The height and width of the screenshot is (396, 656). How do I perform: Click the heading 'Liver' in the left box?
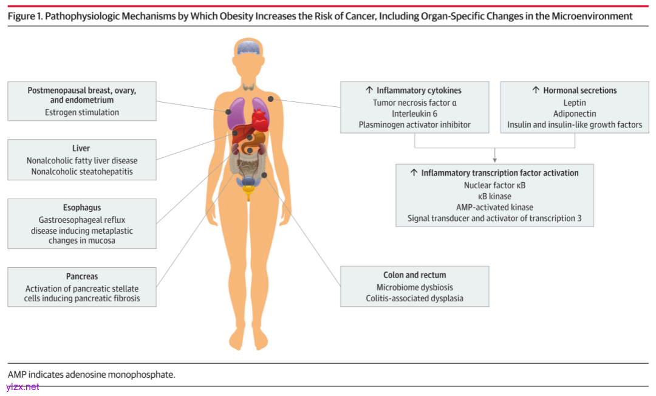[x=81, y=148]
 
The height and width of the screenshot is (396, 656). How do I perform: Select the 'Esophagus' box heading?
[x=82, y=207]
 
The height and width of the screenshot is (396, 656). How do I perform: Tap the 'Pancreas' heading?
[x=82, y=276]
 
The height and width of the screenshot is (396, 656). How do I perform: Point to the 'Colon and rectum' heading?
[x=414, y=275]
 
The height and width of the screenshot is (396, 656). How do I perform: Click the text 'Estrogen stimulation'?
[x=82, y=112]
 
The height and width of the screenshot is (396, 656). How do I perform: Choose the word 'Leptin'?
[x=575, y=102]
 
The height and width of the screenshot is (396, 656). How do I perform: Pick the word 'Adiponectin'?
[x=575, y=114]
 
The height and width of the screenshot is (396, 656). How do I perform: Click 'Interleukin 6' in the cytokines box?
[x=414, y=114]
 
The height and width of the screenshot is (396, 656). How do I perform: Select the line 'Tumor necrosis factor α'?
[x=414, y=102]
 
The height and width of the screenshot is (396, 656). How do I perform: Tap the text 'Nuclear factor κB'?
[x=494, y=185]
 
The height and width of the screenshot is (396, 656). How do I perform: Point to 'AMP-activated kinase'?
[x=494, y=207]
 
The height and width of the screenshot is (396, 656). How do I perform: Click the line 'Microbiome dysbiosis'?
[x=414, y=287]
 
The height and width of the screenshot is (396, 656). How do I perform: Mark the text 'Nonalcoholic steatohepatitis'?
[x=82, y=172]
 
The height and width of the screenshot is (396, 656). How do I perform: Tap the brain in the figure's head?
[x=249, y=47]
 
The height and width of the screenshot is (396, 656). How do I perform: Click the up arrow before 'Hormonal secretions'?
[x=535, y=90]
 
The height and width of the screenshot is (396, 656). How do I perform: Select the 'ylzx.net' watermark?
[x=22, y=387]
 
